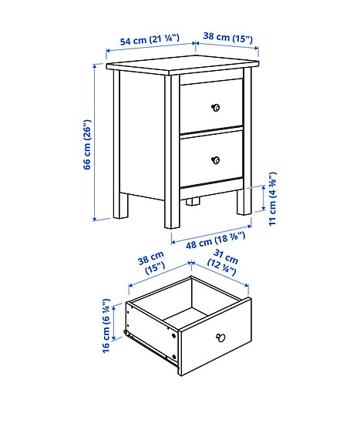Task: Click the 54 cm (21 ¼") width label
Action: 149,38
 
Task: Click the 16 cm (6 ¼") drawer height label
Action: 107,325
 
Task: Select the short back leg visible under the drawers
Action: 192,202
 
